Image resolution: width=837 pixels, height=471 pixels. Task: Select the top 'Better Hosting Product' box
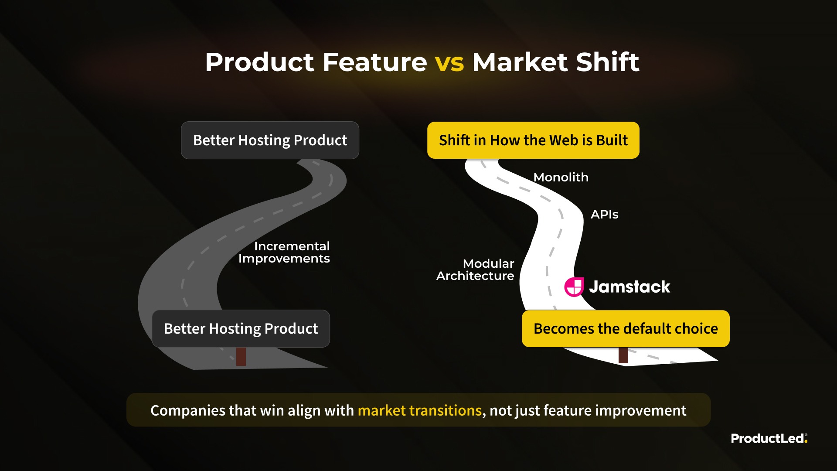click(270, 140)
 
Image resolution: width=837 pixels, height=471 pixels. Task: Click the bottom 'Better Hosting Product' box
click(241, 328)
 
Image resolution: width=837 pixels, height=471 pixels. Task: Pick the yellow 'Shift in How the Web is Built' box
click(533, 140)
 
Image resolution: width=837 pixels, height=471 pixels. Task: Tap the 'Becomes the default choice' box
click(626, 328)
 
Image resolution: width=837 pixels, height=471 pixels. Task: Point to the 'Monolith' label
click(561, 177)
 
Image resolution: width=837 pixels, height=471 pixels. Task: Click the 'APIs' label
click(604, 215)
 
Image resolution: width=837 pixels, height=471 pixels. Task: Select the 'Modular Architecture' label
click(475, 270)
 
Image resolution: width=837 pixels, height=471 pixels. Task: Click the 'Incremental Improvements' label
click(284, 252)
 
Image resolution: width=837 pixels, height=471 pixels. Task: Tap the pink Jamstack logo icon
click(574, 287)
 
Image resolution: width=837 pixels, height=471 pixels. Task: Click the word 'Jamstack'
click(629, 287)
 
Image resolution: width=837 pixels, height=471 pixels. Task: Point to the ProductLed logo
click(769, 438)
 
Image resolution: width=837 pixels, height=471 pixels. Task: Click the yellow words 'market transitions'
click(420, 410)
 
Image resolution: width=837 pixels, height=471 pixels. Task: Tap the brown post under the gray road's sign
click(241, 356)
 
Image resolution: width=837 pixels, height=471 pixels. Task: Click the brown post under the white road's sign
click(623, 355)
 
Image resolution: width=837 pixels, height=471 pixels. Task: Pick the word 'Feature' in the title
click(375, 62)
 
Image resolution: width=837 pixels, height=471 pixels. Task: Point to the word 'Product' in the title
click(260, 62)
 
